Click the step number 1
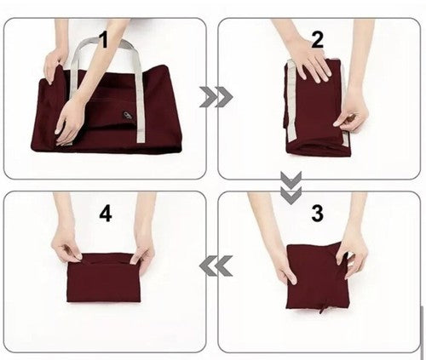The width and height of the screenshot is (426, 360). coord(105,39)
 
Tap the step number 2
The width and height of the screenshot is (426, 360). coord(317,39)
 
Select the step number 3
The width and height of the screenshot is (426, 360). coord(317,213)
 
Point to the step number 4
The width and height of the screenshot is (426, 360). coord(106,213)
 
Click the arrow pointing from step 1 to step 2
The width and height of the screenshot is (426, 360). coord(216,97)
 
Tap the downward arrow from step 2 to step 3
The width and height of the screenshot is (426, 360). coord(291,187)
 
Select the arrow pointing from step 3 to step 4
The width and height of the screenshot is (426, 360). coord(216,266)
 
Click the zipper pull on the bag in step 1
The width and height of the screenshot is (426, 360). coord(127,116)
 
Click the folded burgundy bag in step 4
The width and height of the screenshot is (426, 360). coord(104,278)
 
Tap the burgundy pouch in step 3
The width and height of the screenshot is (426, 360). coord(317,276)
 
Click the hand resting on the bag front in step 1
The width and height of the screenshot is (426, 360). coord(67,122)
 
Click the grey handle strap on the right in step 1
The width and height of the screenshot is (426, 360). coord(138,94)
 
